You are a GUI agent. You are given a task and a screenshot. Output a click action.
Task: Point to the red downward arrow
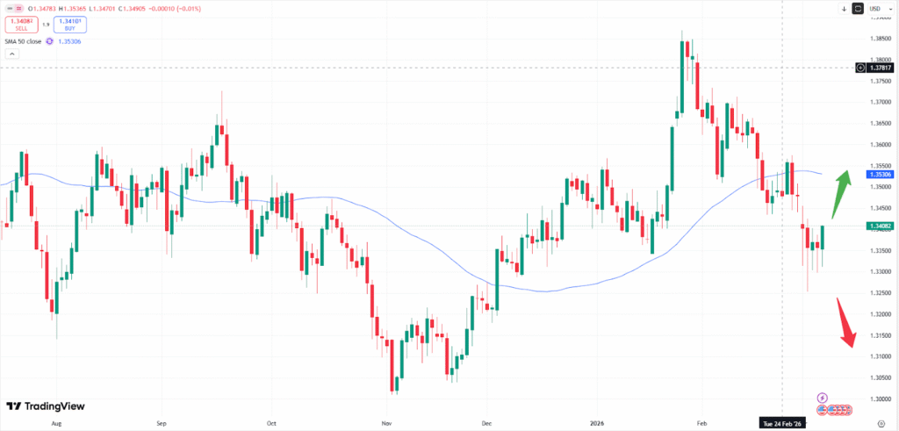[x=845, y=323]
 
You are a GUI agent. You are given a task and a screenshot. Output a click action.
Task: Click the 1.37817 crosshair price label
[x=881, y=67]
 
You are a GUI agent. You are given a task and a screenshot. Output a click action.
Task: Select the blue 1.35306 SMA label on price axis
[x=881, y=175]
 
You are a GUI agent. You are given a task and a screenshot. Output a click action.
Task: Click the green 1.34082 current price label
[x=881, y=226]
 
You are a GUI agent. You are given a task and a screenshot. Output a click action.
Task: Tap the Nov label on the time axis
[x=387, y=422]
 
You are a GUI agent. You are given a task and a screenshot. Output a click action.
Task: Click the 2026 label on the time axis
[x=599, y=422]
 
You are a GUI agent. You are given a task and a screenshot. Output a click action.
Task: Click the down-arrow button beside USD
[x=843, y=9]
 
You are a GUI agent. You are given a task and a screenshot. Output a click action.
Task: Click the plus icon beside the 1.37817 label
[x=860, y=67]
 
